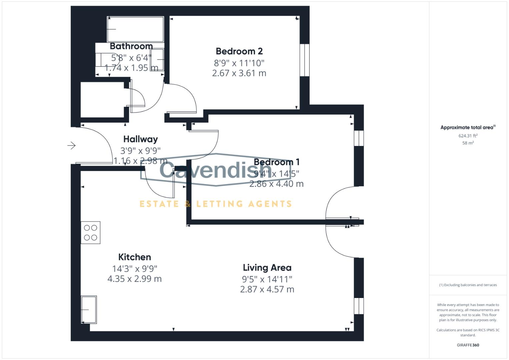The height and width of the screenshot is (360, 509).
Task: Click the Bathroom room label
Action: click(131, 46)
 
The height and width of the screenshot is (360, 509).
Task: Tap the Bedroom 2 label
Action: click(239, 51)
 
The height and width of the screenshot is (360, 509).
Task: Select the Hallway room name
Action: click(140, 139)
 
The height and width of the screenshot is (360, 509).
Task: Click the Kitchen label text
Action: click(135, 257)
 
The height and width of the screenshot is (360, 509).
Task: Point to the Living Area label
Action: click(267, 268)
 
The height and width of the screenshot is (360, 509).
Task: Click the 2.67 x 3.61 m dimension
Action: click(239, 73)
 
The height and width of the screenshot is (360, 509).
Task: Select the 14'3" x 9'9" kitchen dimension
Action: click(135, 268)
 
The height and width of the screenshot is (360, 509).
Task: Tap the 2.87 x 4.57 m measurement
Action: click(267, 289)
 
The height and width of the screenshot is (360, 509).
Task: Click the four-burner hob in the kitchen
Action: click(90, 233)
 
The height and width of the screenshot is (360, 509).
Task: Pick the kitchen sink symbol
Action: click(89, 310)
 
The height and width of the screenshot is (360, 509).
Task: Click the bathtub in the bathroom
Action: click(135, 29)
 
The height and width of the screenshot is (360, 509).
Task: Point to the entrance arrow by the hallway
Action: click(71, 145)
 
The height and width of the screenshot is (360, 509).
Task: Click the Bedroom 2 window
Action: click(304, 60)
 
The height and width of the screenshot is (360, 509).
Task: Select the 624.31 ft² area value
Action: click(468, 136)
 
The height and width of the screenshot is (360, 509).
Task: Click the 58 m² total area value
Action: click(468, 143)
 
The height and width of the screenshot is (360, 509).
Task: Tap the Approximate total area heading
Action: click(468, 127)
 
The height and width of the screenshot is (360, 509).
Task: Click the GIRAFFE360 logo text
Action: click(468, 345)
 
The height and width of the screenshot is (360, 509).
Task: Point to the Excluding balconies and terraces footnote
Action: click(468, 285)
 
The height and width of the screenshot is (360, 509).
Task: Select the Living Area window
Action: click(359, 306)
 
